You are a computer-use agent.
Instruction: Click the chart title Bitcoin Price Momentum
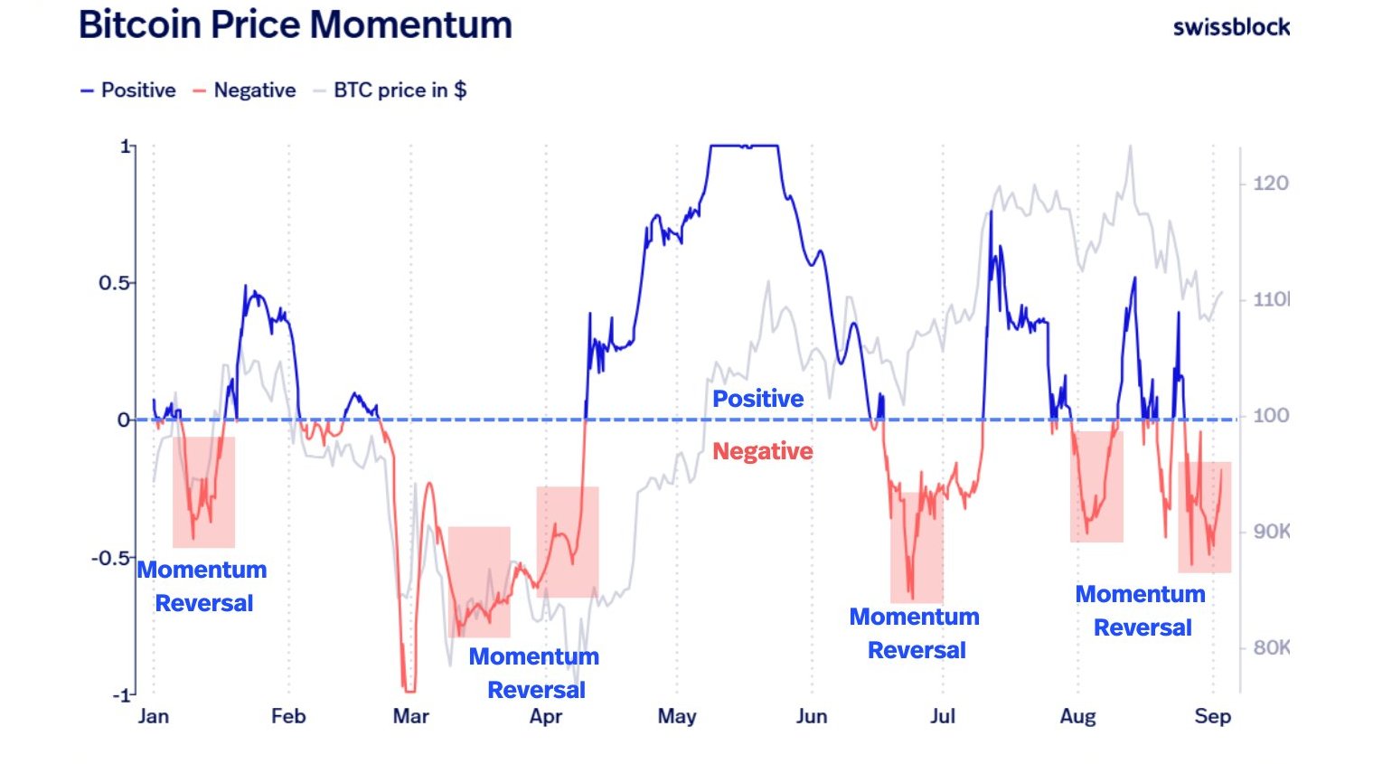click(296, 24)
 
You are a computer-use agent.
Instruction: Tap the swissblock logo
click(1230, 27)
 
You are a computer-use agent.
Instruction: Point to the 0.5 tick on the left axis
click(114, 283)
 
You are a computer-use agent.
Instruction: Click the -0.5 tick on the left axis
click(110, 558)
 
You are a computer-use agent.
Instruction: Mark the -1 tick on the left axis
click(120, 695)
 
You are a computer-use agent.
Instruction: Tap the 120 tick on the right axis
click(1270, 184)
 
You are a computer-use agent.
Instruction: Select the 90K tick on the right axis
click(1271, 532)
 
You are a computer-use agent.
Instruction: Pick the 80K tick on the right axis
click(1271, 647)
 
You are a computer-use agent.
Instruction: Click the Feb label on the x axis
click(288, 717)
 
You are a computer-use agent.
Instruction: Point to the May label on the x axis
click(677, 717)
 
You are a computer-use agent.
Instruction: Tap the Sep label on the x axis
click(1212, 717)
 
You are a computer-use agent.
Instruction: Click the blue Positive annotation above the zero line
click(757, 399)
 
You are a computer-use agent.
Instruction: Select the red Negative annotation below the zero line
click(762, 451)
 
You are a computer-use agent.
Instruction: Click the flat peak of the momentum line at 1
click(745, 146)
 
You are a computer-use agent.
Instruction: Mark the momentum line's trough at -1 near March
click(409, 691)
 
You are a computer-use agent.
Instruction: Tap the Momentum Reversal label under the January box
click(202, 586)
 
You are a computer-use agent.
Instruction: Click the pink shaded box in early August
click(1096, 486)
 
